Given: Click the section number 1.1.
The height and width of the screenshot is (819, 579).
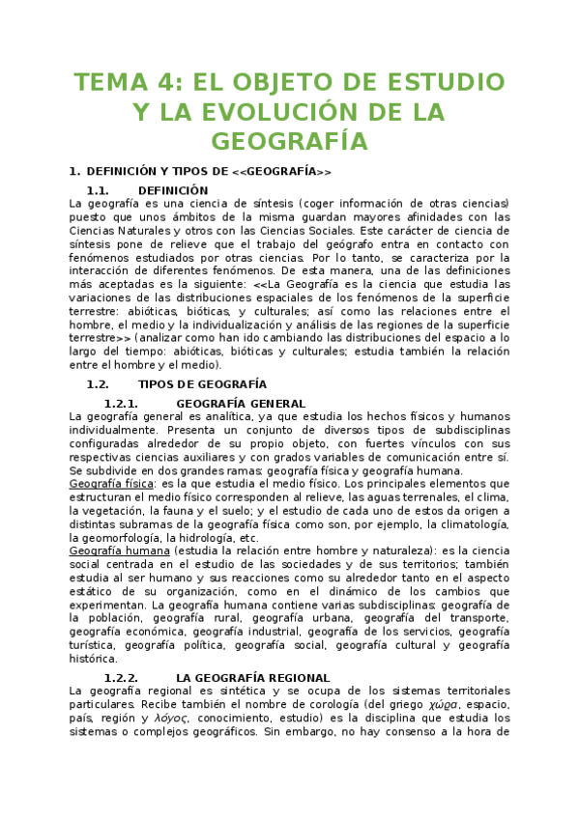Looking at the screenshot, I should click(x=97, y=190).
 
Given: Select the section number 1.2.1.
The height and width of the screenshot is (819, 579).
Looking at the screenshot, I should click(x=121, y=403).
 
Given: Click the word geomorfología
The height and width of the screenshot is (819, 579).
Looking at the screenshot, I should click(x=116, y=537).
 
